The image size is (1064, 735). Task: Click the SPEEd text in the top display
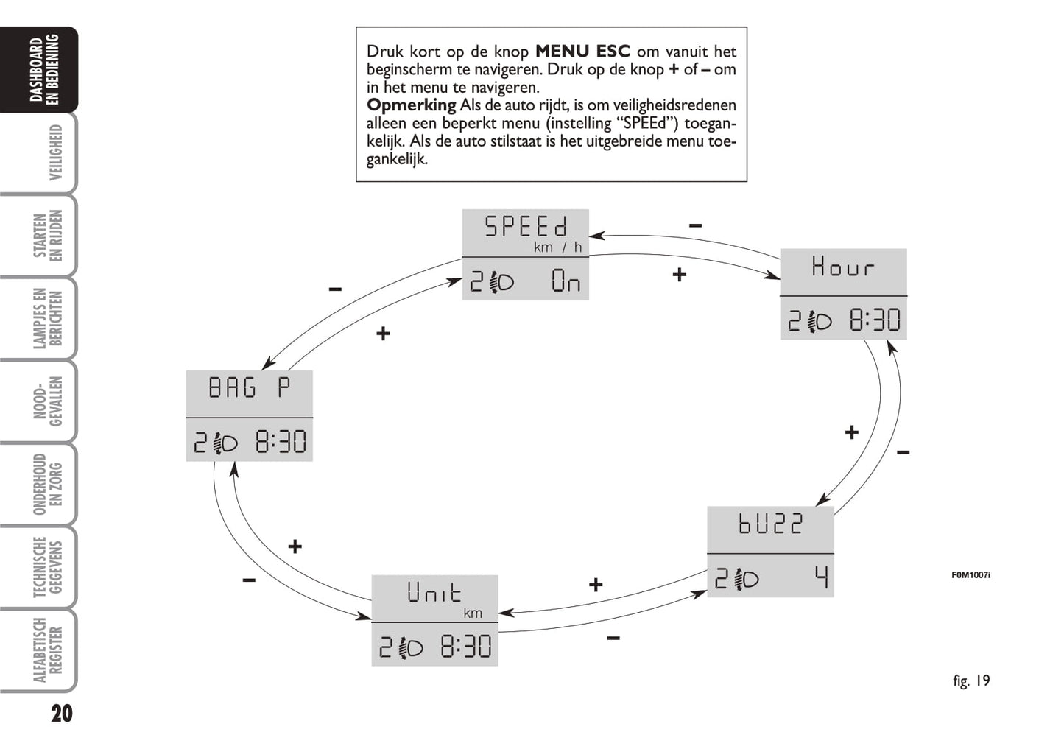click(x=526, y=226)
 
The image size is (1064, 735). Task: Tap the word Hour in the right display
click(x=843, y=266)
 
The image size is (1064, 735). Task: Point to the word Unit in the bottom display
click(x=434, y=592)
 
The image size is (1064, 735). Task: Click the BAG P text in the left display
click(x=249, y=387)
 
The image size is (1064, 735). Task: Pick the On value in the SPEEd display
click(x=566, y=281)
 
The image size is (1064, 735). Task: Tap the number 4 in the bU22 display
click(x=821, y=578)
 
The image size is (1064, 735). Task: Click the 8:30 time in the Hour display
click(x=875, y=320)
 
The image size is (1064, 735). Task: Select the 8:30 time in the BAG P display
click(x=281, y=442)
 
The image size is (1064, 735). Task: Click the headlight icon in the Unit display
click(x=410, y=647)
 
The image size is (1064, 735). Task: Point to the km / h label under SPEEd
click(x=557, y=247)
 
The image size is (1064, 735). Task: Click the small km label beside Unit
click(x=473, y=613)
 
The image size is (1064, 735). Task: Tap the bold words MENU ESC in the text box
click(x=582, y=52)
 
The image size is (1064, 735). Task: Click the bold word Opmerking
click(x=411, y=105)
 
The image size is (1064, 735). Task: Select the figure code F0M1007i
click(x=970, y=574)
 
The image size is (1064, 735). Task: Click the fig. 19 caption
click(x=971, y=681)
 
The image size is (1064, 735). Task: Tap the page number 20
click(x=62, y=713)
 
